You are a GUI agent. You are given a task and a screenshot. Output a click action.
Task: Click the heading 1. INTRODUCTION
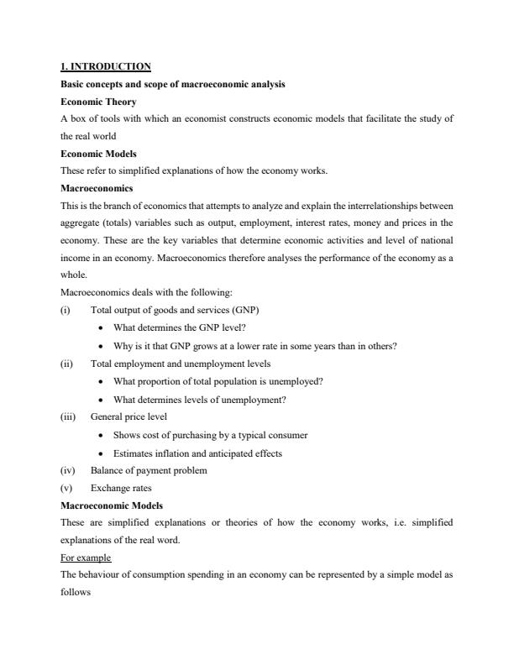106,66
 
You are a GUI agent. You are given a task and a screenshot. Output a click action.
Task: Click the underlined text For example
87,558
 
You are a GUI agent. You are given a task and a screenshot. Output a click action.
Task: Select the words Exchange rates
120,487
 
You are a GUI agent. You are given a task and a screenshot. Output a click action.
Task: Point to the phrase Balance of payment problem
149,470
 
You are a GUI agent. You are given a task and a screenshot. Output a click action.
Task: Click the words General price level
128,416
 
